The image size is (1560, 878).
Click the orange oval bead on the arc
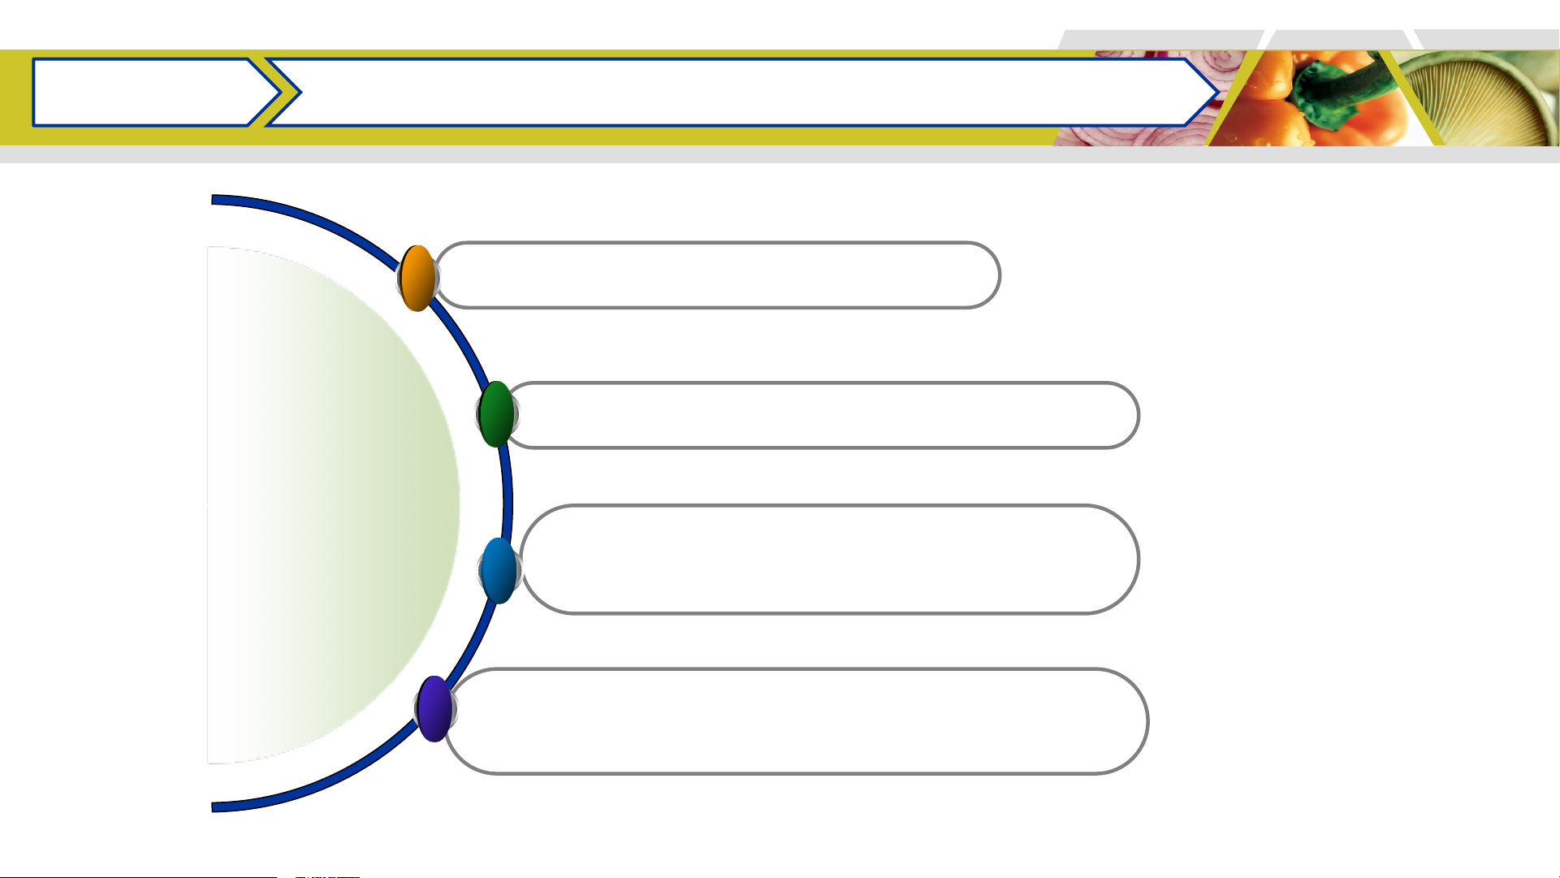click(417, 279)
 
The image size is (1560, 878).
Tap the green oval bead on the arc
click(496, 414)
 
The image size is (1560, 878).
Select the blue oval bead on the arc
click(499, 570)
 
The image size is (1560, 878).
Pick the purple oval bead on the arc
click(434, 709)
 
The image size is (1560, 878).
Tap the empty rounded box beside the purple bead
click(796, 721)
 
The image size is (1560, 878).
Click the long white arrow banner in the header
click(731, 93)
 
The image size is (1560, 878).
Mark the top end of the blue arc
click(214, 200)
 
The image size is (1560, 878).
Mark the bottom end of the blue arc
click(214, 807)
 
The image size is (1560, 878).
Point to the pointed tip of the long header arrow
click(1215, 93)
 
